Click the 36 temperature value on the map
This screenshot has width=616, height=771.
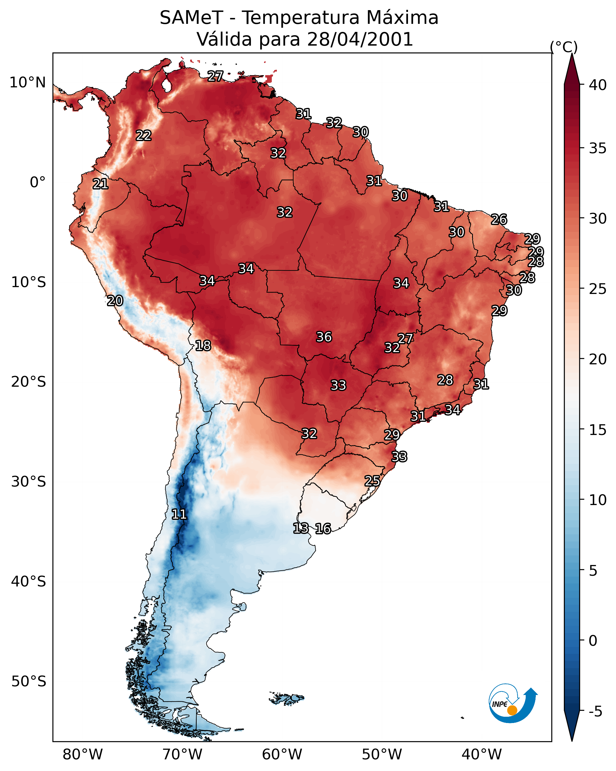point(324,337)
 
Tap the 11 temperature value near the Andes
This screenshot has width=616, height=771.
point(179,514)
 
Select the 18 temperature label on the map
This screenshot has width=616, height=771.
point(203,346)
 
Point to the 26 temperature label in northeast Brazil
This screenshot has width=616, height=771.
point(499,219)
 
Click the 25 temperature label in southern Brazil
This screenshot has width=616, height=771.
point(372,481)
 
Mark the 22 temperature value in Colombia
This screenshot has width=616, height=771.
point(144,136)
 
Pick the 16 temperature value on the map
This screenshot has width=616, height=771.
point(323,529)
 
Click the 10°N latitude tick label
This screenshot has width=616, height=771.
point(27,83)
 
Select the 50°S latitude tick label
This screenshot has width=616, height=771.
point(29,681)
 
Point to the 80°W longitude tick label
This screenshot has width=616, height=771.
point(83,754)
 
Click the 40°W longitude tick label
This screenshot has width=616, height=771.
point(482,754)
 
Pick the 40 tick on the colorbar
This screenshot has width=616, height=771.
point(598,85)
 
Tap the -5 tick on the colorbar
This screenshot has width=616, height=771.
point(595,712)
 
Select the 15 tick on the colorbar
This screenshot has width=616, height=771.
point(598,430)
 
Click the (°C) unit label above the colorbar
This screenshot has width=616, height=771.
point(564,47)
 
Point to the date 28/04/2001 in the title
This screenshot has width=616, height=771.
point(360,39)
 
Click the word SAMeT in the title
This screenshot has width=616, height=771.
point(191,18)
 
